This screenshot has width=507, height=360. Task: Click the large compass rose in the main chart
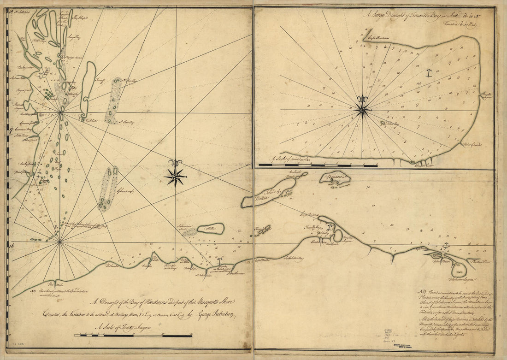tap(175, 175)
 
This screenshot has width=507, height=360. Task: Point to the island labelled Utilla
tap(211, 229)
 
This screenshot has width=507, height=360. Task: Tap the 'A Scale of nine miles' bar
tap(318, 165)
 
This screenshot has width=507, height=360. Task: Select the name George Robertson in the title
tap(217, 316)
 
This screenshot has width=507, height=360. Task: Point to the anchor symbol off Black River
tap(446, 247)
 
